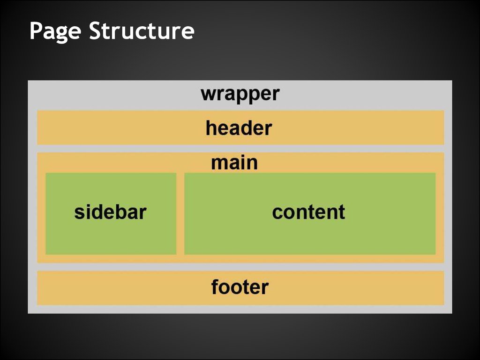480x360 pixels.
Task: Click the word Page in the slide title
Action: (x=55, y=32)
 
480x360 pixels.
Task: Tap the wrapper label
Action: (x=240, y=94)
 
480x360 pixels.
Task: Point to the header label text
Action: (x=239, y=128)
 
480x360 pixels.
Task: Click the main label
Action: (x=234, y=163)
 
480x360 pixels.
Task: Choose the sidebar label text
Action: (x=111, y=212)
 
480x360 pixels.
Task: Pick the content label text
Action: (x=308, y=212)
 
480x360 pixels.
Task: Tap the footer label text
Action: (x=240, y=287)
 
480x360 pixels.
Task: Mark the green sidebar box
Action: (x=111, y=234)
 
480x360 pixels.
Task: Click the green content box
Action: (x=309, y=237)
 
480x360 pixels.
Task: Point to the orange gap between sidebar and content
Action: (x=180, y=213)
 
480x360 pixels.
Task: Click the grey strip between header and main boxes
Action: (x=240, y=148)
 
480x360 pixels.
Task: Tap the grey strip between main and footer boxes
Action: (x=240, y=267)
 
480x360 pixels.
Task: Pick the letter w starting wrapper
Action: (x=208, y=95)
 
